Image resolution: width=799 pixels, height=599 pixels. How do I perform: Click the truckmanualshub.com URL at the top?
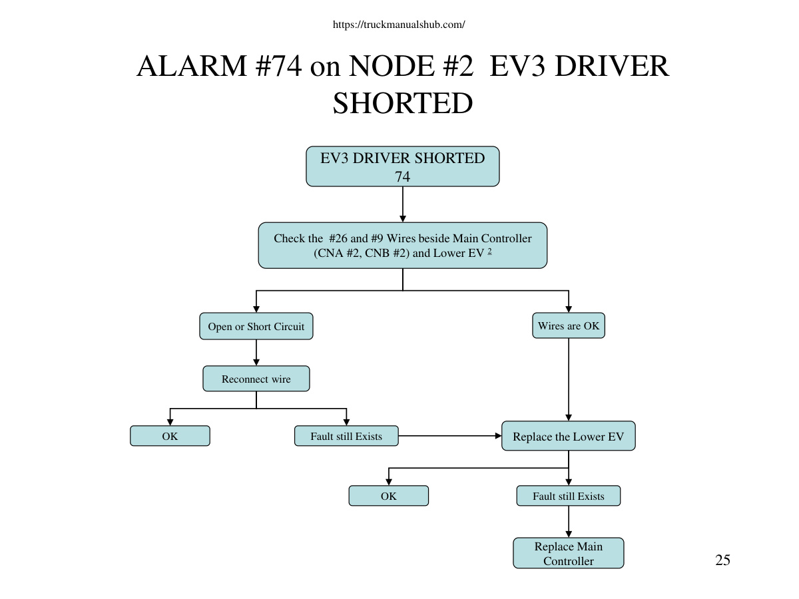click(x=399, y=25)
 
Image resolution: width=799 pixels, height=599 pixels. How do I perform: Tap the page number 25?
click(x=722, y=560)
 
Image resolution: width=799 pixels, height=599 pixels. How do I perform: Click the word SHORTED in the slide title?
click(x=403, y=103)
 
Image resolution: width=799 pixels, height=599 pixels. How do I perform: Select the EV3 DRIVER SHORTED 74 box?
click(x=403, y=166)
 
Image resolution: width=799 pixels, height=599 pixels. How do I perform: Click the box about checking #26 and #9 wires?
click(x=403, y=246)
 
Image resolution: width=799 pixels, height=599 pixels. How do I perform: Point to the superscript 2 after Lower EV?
click(x=489, y=251)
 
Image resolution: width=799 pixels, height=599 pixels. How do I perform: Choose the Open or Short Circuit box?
click(x=256, y=326)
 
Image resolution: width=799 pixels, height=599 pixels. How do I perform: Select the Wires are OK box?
click(x=569, y=325)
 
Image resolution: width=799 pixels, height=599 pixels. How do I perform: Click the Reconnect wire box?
click(x=256, y=379)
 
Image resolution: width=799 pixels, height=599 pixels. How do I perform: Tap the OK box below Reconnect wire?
click(x=170, y=436)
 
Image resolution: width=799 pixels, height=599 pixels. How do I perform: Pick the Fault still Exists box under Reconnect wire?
click(x=346, y=436)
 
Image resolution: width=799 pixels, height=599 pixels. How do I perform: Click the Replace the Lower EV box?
click(x=569, y=436)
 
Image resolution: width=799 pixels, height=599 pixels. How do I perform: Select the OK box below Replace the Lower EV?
click(x=389, y=496)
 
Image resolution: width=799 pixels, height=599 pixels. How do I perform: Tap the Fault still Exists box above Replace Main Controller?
click(x=569, y=496)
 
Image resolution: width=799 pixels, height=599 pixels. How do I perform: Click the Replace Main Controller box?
click(x=569, y=553)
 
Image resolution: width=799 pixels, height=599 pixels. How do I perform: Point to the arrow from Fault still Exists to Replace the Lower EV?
click(x=450, y=436)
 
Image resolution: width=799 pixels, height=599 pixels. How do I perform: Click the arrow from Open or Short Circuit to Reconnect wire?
click(x=256, y=353)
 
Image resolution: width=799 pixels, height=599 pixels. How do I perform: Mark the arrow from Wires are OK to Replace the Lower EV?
click(x=569, y=379)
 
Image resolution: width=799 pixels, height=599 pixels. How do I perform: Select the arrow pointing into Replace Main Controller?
click(x=569, y=522)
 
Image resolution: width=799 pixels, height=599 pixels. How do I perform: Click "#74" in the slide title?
click(x=278, y=66)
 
